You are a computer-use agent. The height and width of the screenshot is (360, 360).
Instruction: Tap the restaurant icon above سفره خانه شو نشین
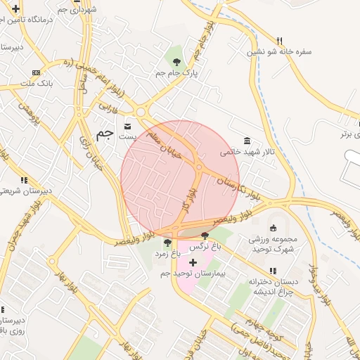click(x=279, y=41)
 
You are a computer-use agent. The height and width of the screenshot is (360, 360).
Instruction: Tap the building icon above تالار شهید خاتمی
click(x=245, y=141)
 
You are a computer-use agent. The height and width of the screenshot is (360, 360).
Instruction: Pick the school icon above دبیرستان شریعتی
click(x=23, y=180)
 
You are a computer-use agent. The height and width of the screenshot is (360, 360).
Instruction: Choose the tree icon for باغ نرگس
click(x=205, y=236)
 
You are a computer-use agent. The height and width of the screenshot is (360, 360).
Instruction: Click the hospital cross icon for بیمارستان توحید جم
click(x=193, y=262)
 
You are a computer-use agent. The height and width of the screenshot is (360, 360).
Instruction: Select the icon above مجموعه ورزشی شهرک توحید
click(x=273, y=228)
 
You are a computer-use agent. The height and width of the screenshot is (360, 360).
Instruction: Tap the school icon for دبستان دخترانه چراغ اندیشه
click(x=273, y=271)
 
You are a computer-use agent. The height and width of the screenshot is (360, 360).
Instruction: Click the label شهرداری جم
click(x=72, y=9)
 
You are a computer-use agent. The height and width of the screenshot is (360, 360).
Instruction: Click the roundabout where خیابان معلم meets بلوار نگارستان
click(x=200, y=167)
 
